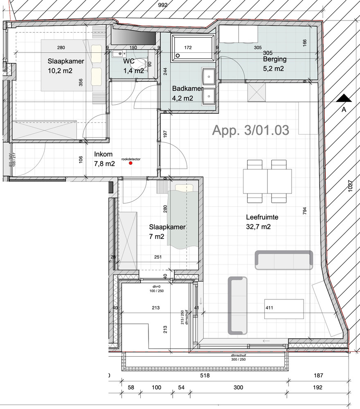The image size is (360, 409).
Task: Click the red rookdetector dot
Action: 131,163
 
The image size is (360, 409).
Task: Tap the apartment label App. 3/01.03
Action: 251,130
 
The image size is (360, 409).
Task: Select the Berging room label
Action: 274,59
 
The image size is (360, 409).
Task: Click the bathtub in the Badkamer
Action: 193,48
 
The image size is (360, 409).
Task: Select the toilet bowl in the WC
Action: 141,63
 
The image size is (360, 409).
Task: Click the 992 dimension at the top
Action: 164,5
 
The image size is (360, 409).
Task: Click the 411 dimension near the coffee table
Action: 269,308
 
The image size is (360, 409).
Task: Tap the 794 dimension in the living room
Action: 304,210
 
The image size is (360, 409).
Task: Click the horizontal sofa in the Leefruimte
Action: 284,260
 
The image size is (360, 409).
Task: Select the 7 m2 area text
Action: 157,236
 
